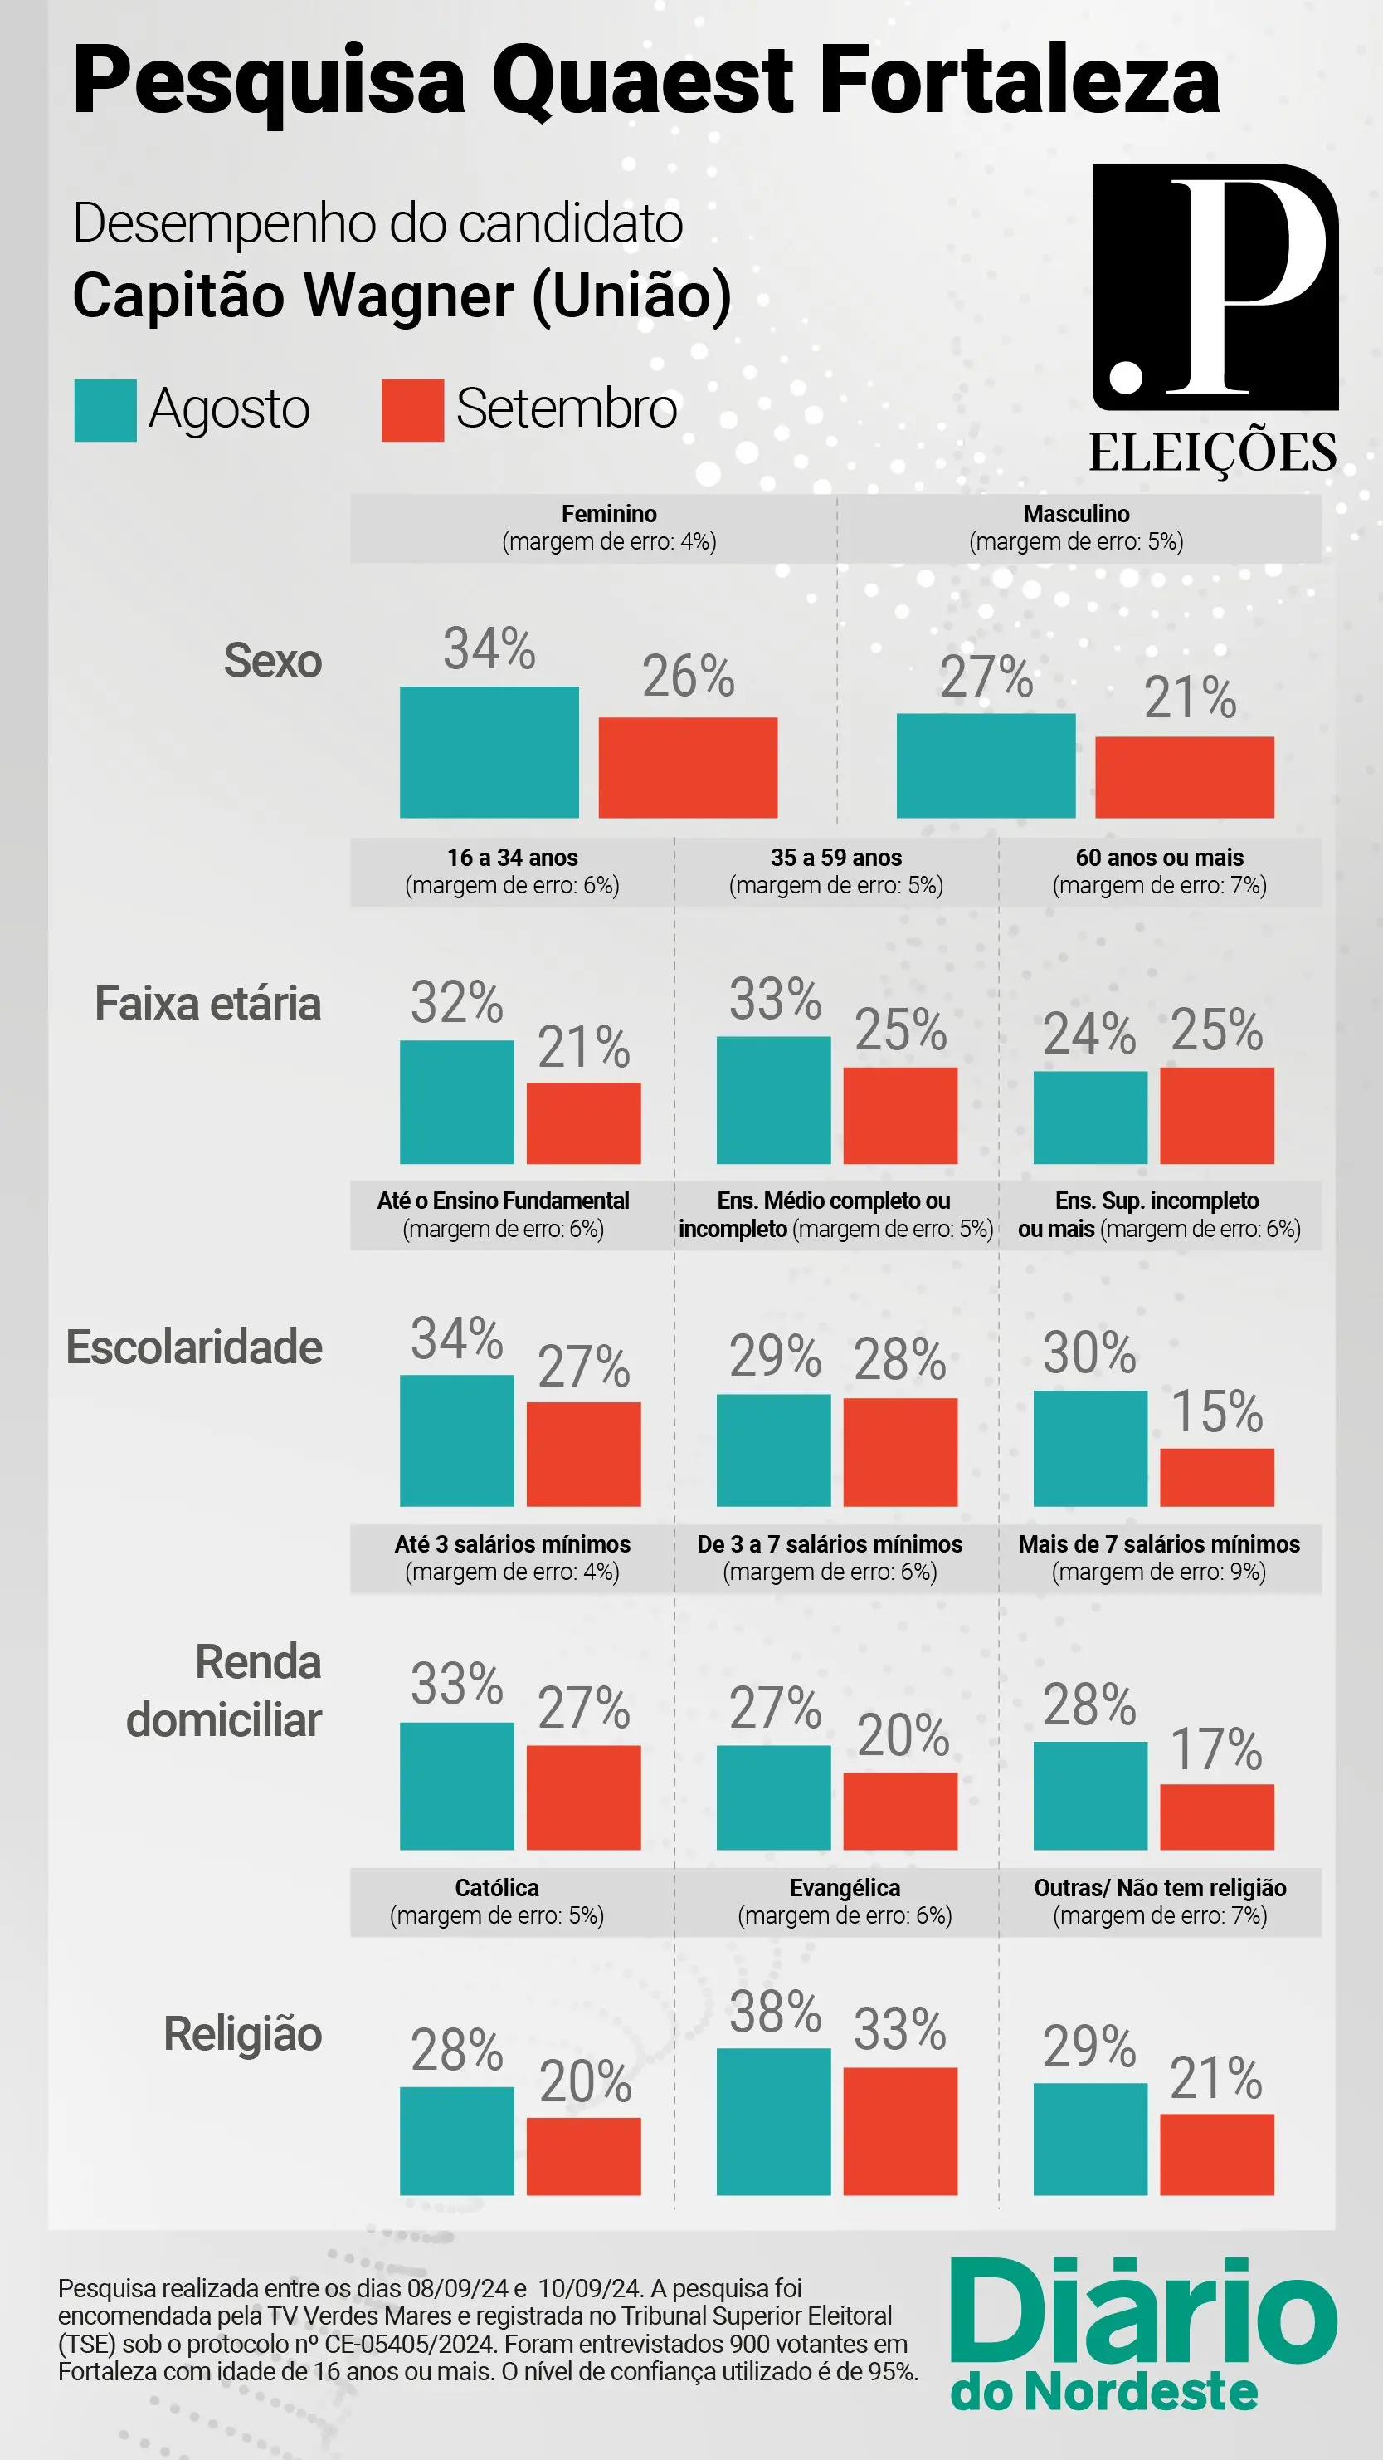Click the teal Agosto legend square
coord(105,411)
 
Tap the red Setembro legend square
coord(412,411)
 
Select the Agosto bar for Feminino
coord(489,751)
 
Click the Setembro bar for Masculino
coord(1184,776)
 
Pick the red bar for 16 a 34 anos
coord(583,1122)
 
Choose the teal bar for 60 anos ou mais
coord(1090,1117)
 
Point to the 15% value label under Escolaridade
coord(1216,1411)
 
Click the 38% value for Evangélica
coord(775,2013)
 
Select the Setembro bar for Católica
coord(583,2155)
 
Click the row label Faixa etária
coord(207,1004)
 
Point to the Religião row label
coord(242,2033)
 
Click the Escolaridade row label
coord(194,1347)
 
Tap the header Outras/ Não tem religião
coord(1160,1888)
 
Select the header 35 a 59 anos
coord(836,858)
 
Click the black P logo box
coord(1215,286)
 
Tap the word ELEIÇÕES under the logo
coord(1212,452)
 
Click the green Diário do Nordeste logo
coord(1142,2332)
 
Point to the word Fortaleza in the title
coord(1019,81)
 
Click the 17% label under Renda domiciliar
coord(1216,1748)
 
